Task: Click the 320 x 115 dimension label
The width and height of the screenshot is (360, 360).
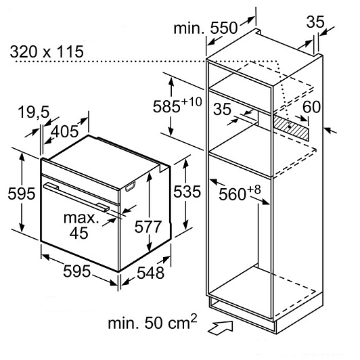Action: tap(47, 51)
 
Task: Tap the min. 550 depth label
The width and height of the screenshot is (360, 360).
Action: tap(205, 28)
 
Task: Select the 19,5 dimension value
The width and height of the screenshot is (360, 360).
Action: tap(34, 112)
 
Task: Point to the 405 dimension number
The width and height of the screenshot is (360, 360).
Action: tap(64, 131)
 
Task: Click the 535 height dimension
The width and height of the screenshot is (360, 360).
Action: tap(187, 192)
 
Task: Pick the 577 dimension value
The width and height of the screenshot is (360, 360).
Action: tap(148, 227)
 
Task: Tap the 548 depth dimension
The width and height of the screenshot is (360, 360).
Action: tap(151, 273)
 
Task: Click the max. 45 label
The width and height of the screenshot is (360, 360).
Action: tap(81, 225)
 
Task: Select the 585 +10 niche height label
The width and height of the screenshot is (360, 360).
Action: tap(177, 105)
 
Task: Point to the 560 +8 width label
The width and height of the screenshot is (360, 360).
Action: tap(240, 193)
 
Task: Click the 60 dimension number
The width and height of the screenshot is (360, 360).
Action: tap(311, 106)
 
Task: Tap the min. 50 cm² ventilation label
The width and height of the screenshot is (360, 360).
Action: tap(152, 321)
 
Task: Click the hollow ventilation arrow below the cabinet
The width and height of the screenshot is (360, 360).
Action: tap(220, 327)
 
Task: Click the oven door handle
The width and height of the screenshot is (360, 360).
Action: tap(76, 196)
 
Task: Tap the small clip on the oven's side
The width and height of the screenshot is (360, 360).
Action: tap(130, 186)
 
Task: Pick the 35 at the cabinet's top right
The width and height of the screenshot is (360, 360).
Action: tap(315, 22)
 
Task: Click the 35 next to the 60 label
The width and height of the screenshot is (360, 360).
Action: tap(222, 109)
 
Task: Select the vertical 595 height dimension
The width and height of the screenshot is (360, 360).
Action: tap(22, 193)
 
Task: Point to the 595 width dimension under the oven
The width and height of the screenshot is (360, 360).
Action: tap(76, 271)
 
